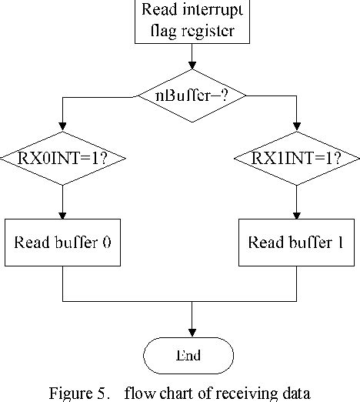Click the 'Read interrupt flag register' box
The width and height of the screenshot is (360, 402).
pos(191,21)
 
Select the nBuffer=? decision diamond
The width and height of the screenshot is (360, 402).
pos(191,96)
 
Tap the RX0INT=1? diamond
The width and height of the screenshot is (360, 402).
pos(62,160)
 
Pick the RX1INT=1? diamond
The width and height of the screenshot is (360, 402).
pos(296,160)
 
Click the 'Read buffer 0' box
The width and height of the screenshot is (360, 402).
pos(62,243)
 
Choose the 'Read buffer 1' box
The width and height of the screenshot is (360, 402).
pos(296,243)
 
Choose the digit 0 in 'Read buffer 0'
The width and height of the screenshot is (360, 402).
pos(106,243)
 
